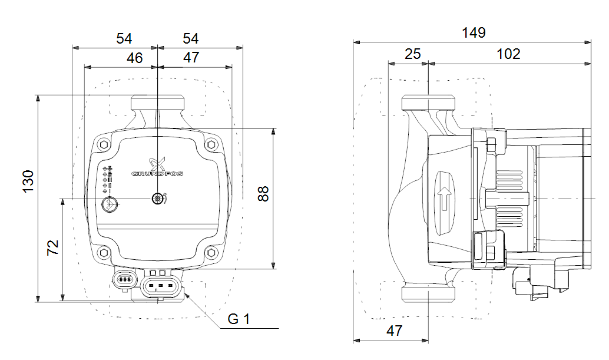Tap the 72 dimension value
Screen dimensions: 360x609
click(x=53, y=247)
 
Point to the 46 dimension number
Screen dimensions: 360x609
click(x=135, y=58)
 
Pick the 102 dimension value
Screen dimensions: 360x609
click(x=508, y=54)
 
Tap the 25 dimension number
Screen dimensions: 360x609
click(x=413, y=54)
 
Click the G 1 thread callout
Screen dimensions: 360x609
click(x=239, y=319)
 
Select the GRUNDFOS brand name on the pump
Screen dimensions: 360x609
click(x=157, y=174)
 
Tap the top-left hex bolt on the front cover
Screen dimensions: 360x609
click(x=104, y=144)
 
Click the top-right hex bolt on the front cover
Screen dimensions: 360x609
click(x=211, y=144)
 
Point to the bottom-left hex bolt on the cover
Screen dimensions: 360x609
click(x=104, y=253)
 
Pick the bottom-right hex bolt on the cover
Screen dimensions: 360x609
click(x=211, y=253)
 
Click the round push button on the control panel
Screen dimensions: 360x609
click(x=110, y=204)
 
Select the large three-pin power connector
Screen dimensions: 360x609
click(x=161, y=286)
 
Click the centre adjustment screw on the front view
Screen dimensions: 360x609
click(x=157, y=199)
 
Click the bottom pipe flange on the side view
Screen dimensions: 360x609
click(x=428, y=295)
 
